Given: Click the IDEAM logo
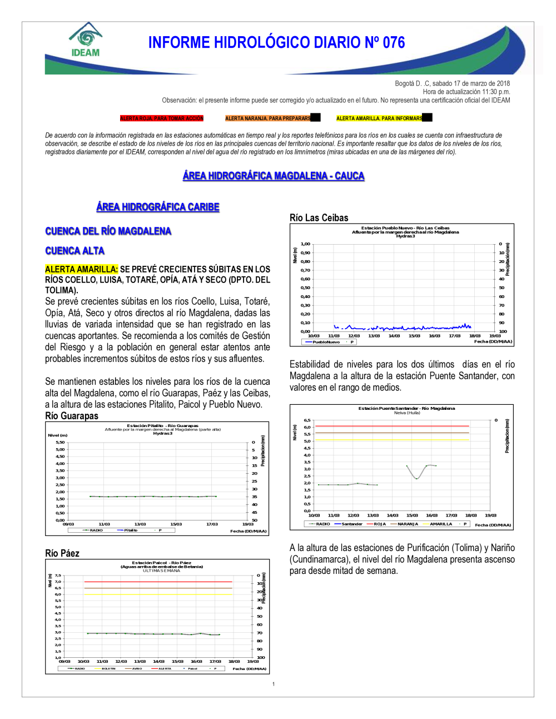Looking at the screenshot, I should [86, 41].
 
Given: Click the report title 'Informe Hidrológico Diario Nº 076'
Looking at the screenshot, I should [276, 43].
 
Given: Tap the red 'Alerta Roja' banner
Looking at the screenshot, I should [162, 118].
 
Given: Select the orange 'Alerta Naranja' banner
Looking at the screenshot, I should [268, 118].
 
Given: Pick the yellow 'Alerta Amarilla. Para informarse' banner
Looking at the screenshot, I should [380, 118].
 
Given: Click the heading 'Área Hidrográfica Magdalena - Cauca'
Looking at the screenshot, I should [274, 176].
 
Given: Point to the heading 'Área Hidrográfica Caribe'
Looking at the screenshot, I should [158, 207].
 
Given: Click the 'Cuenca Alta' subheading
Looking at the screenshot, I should [75, 251].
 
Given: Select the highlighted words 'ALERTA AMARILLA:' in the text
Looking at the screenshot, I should [82, 269].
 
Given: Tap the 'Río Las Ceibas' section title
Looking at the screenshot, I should [319, 218].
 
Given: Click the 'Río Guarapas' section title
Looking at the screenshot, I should [72, 416].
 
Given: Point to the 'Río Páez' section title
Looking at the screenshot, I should [62, 553].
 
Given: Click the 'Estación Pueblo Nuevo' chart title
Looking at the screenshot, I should [405, 228].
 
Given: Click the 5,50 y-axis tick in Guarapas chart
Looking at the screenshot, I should [60, 443].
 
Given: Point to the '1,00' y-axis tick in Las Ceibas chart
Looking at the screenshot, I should [305, 244].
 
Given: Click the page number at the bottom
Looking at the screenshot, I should [274, 684].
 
